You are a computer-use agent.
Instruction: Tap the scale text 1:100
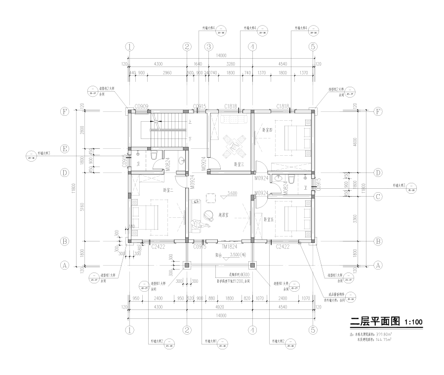pyautogui.click(x=413, y=323)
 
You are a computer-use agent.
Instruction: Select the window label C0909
pyautogui.click(x=142, y=106)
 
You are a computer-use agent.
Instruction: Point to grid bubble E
pyautogui.click(x=64, y=148)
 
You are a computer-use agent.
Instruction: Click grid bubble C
pyautogui.click(x=378, y=197)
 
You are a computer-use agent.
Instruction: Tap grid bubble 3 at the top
pyautogui.click(x=209, y=47)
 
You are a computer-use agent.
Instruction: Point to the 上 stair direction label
pyautogui.click(x=190, y=122)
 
